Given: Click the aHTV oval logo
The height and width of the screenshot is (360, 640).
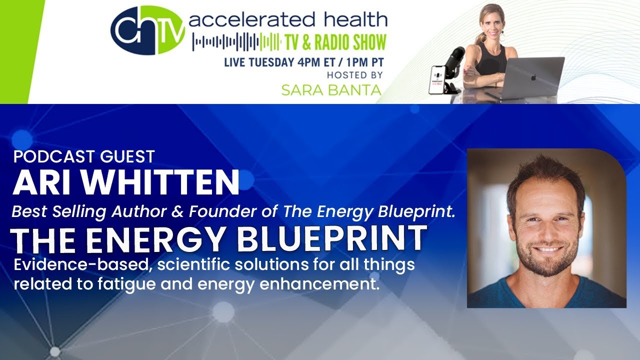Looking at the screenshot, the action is tap(147, 30).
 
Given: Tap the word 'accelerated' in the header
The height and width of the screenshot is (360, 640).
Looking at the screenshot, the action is tap(252, 19).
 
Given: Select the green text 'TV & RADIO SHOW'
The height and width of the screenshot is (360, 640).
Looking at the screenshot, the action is tap(334, 42).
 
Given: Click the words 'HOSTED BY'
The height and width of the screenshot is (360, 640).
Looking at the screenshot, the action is tap(354, 75).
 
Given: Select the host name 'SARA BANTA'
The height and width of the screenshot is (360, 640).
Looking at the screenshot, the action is tap(331, 90).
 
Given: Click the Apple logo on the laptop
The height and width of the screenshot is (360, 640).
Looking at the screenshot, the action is tap(533, 77).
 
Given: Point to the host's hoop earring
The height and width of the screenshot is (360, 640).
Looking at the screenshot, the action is tap(502, 36).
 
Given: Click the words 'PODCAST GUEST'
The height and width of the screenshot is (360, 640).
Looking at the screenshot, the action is tap(84, 156).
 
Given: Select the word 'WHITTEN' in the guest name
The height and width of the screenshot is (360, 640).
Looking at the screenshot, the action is tap(161, 182).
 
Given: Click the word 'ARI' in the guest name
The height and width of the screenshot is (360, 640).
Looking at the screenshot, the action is tap(42, 182).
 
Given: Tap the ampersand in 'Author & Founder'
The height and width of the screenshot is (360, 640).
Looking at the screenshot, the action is tap(177, 211).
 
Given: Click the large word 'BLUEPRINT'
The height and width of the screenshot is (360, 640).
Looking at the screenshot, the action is tap(331, 238).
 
